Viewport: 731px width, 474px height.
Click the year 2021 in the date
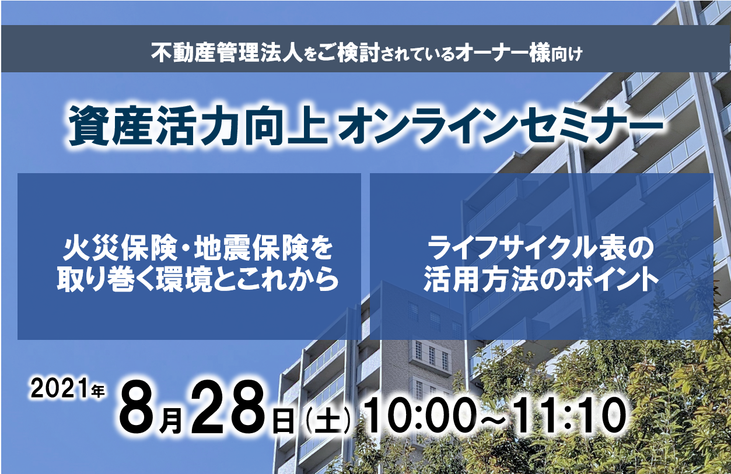[x=60, y=388]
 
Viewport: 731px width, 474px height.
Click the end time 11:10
[x=571, y=415]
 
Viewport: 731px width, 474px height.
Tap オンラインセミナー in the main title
[x=501, y=126]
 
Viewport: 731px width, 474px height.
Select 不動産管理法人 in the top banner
[x=228, y=53]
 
